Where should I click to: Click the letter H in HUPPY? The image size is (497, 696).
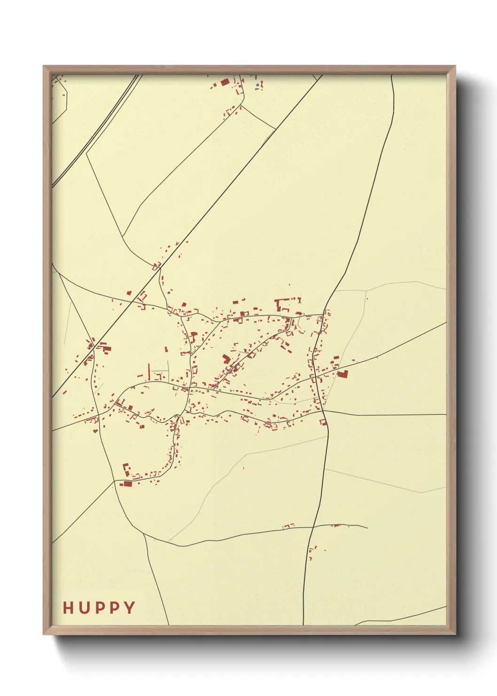[x=69, y=608]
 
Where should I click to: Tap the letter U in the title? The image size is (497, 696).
[x=85, y=608]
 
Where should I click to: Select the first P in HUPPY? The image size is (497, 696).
[x=100, y=608]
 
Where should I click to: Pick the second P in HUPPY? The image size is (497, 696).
[x=114, y=608]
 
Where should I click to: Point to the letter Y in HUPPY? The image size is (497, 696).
[x=129, y=608]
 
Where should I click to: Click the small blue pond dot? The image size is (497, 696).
[x=257, y=85]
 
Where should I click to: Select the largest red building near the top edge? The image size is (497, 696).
[x=225, y=82]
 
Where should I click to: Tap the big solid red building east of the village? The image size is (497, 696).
[x=342, y=374]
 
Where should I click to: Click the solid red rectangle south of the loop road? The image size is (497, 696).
[x=127, y=483]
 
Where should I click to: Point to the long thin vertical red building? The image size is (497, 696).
[x=149, y=372]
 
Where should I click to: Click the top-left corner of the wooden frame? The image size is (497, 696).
[x=44, y=66]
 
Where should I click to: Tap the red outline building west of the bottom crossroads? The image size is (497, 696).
[x=287, y=526]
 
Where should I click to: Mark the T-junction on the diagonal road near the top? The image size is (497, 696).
[x=275, y=128]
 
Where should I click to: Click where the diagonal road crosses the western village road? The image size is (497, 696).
[x=95, y=347]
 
